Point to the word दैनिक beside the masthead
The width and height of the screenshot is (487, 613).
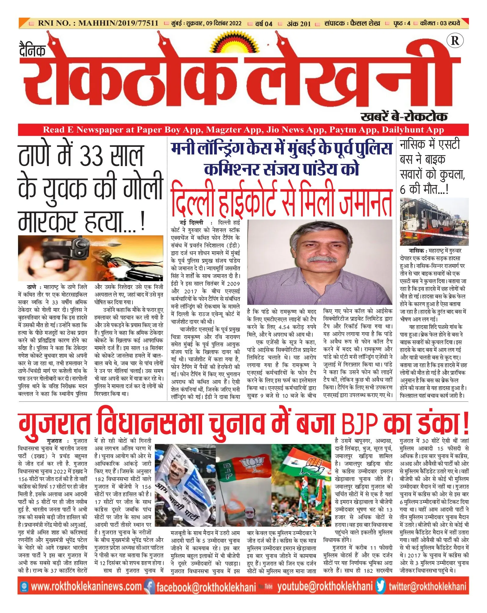[32, 50]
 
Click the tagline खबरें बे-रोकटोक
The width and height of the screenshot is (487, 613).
[404, 117]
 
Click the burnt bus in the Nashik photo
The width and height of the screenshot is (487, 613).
[431, 220]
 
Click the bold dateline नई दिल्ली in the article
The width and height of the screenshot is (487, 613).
[191, 223]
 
